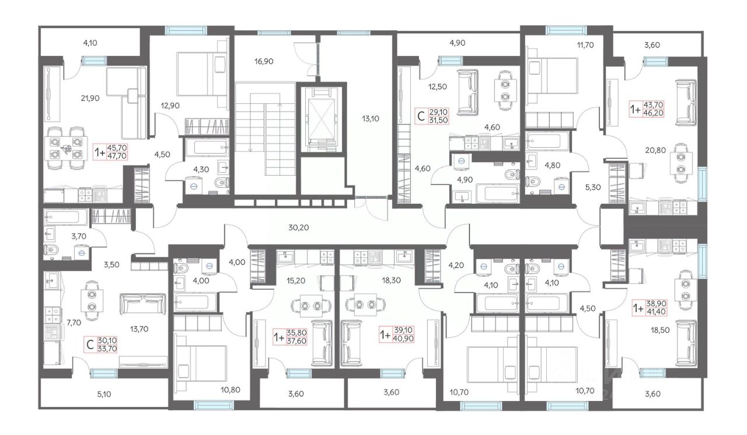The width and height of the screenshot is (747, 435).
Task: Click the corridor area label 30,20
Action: coord(298,228)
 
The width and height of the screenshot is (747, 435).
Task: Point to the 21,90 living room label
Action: coord(90,98)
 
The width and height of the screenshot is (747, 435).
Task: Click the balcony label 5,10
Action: coord(104,394)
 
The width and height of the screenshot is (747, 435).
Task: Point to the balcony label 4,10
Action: coord(90,43)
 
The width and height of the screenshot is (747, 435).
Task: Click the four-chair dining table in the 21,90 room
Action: coord(67,148)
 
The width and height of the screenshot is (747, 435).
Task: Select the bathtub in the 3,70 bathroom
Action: coord(66,217)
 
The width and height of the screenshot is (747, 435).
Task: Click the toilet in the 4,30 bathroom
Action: coord(221,183)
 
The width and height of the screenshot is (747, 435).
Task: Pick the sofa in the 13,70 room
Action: coord(143,304)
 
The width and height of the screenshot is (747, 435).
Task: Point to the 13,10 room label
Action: coord(371,119)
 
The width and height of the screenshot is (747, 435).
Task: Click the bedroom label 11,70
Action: coord(585,45)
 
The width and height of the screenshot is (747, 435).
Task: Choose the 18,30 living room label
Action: coord(391,280)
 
